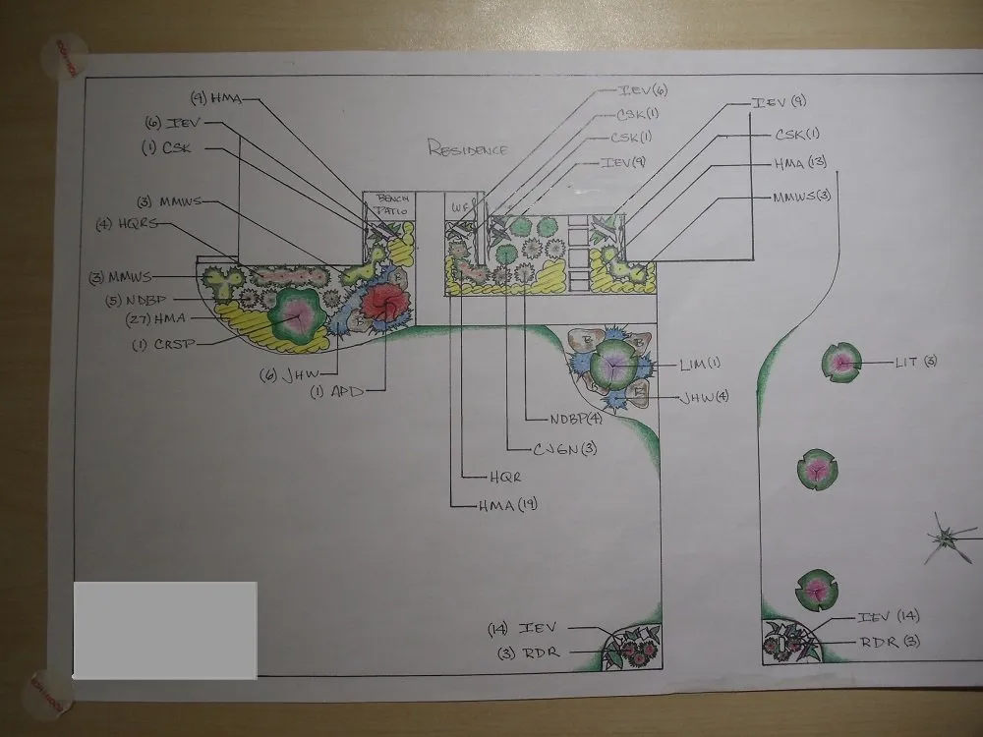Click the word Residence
tap(468, 149)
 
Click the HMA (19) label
tap(507, 505)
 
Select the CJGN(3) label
tap(564, 449)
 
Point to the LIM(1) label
tap(700, 363)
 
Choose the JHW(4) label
tap(703, 398)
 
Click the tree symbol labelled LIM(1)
tap(612, 365)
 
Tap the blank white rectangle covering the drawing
tap(165, 629)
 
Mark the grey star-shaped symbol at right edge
tap(948, 537)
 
